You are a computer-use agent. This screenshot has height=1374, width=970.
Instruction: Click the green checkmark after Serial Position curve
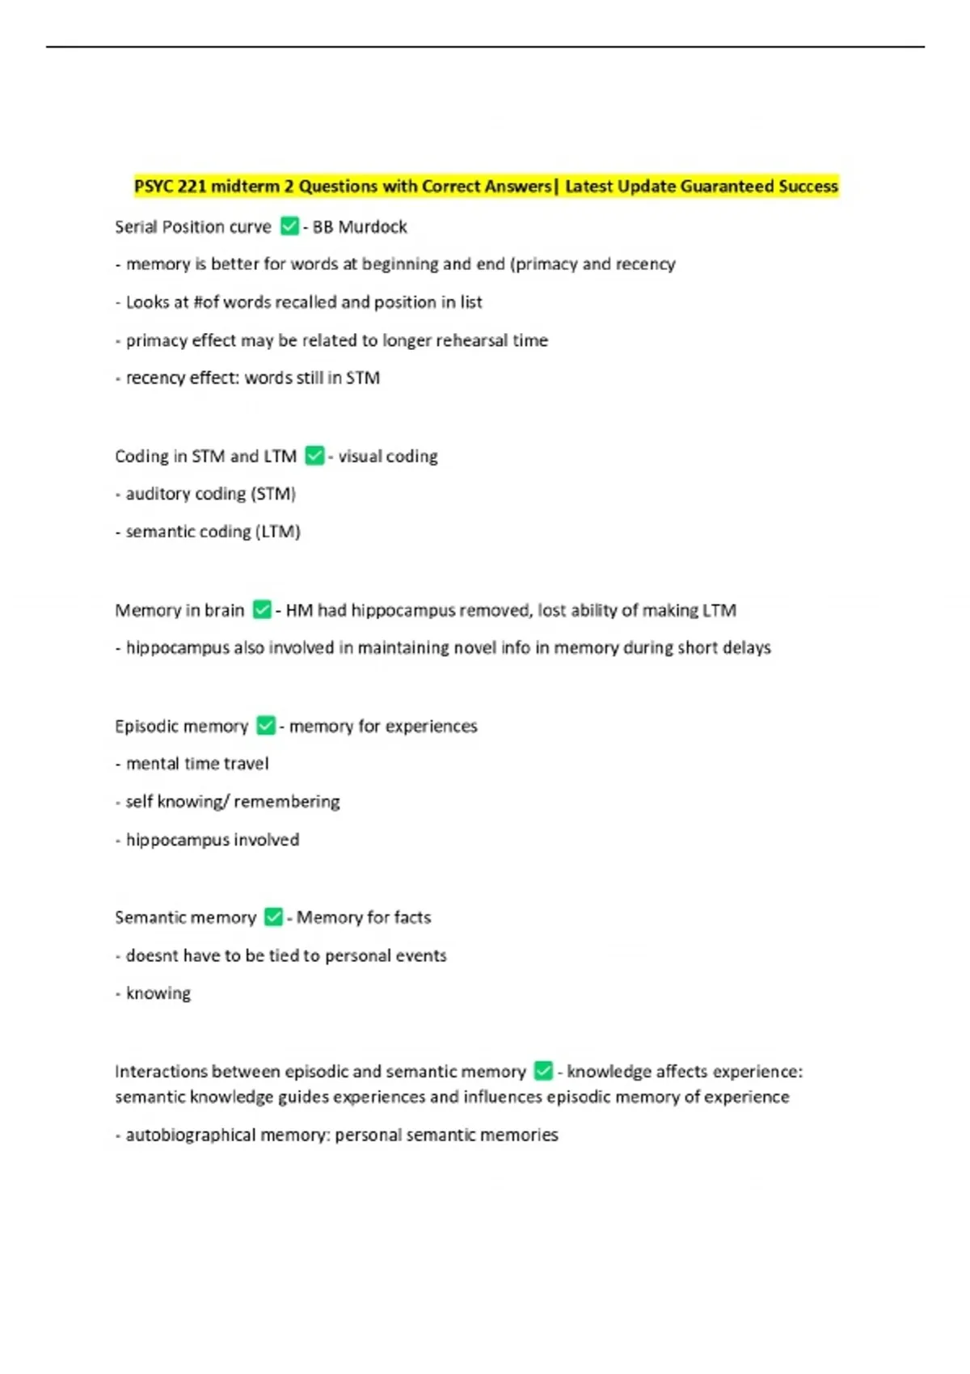[289, 226]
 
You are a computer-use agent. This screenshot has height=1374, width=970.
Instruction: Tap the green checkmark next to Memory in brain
[262, 609]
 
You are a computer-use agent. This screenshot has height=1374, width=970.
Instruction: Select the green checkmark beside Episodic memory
[266, 726]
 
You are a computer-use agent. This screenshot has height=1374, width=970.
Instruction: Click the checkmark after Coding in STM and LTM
[314, 456]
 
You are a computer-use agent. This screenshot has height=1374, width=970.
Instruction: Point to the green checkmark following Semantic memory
[274, 917]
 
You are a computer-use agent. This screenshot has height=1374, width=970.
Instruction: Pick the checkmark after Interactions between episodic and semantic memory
[544, 1071]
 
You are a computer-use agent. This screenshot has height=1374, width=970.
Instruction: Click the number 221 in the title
[192, 187]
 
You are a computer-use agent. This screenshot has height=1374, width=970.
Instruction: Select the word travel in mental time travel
[247, 764]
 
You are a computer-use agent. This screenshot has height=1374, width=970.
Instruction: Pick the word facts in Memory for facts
[412, 917]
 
